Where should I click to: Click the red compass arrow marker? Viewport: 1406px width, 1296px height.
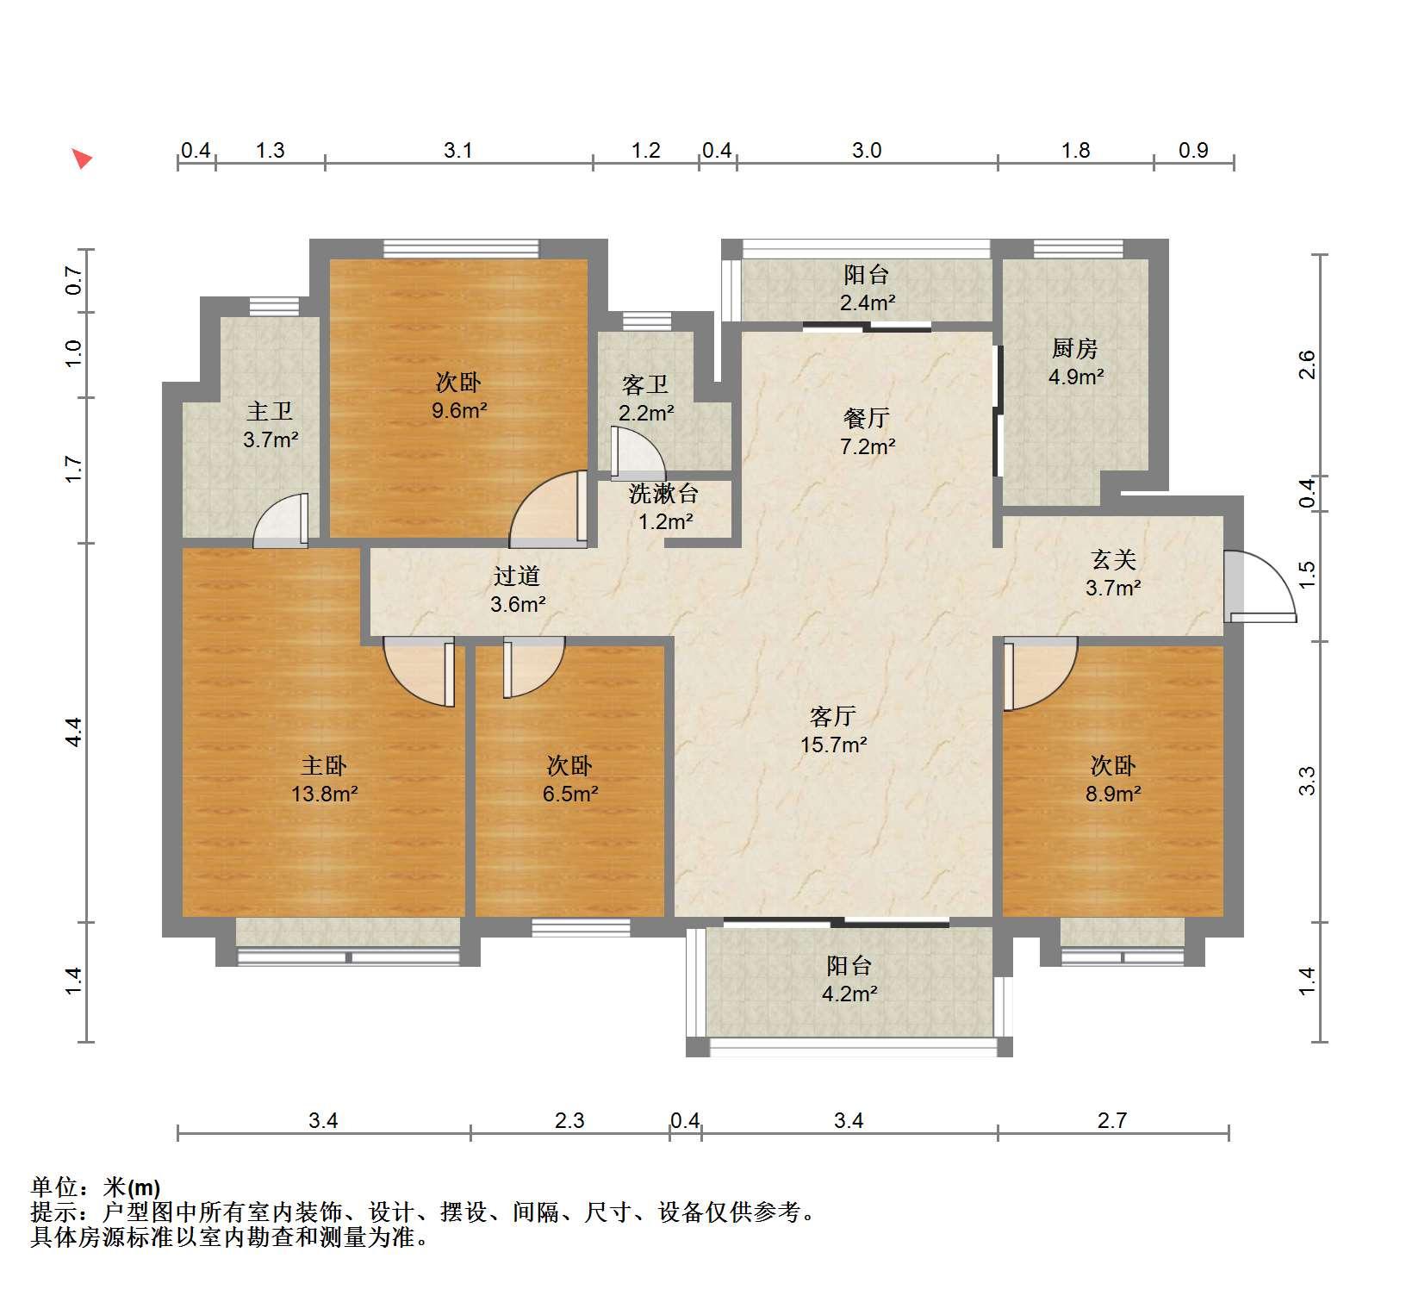click(82, 159)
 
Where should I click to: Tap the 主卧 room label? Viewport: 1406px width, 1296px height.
click(324, 765)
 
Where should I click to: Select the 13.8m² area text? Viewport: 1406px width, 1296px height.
click(324, 794)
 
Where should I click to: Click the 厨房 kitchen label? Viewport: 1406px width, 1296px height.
click(1075, 349)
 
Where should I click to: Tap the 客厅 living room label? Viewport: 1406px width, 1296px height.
click(833, 716)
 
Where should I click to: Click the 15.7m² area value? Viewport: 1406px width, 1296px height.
click(833, 745)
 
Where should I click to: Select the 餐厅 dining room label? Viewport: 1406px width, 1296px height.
click(867, 418)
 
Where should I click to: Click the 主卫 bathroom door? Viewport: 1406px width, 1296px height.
click(281, 520)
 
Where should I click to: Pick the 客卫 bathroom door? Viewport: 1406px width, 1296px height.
click(638, 453)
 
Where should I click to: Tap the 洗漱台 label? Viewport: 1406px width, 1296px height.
click(663, 494)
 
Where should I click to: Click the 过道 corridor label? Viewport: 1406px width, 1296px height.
click(517, 576)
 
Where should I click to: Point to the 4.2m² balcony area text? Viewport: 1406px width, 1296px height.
click(849, 994)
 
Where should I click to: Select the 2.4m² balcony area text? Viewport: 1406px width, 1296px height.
click(867, 302)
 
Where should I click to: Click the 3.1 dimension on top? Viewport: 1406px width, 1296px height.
click(458, 151)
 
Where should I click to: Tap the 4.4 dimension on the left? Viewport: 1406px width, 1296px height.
click(73, 732)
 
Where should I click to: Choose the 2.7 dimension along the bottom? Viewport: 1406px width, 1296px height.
click(1112, 1120)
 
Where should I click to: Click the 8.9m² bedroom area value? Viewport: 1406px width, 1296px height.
click(1113, 794)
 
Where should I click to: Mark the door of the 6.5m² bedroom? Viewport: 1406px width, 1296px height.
click(533, 668)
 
